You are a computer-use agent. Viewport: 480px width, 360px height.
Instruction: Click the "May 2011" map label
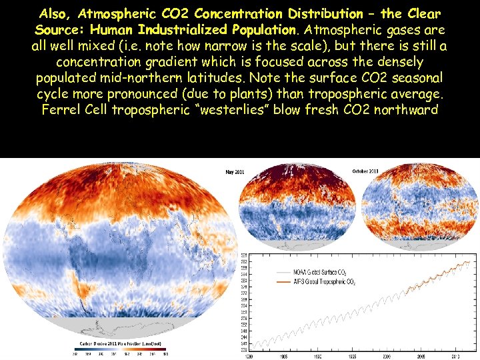235,172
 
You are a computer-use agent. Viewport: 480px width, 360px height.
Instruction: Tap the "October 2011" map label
365,171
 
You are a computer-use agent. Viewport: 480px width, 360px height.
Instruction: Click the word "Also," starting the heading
55,13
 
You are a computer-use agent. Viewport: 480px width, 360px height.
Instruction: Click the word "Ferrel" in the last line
62,109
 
